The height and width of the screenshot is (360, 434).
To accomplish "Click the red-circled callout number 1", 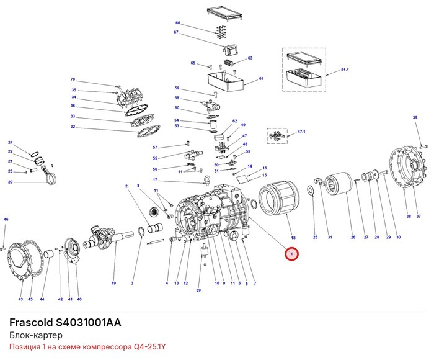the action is [x=291, y=254].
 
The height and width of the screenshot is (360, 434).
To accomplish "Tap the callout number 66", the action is [x=178, y=23].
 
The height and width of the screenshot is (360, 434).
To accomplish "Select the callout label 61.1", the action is [x=345, y=70].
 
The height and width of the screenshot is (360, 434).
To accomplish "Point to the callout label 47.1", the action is [x=301, y=132].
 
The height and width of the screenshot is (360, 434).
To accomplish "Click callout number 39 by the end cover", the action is [x=415, y=117].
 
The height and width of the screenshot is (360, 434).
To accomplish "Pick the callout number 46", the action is [x=6, y=220].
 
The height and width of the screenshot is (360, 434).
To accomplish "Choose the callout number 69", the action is [x=198, y=290].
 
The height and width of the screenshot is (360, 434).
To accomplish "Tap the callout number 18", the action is [x=293, y=238].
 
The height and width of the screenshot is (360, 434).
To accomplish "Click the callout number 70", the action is [x=73, y=79].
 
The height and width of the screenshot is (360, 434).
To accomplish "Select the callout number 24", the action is [x=11, y=142].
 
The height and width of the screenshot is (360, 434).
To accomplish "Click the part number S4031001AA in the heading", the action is [x=88, y=323].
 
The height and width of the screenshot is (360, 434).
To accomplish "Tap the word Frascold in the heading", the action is [x=31, y=323].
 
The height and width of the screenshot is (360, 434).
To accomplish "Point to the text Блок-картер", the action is [x=36, y=335].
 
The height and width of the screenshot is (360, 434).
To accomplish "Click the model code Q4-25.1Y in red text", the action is [x=150, y=347].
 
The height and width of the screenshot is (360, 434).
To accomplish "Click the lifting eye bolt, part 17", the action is [x=206, y=179].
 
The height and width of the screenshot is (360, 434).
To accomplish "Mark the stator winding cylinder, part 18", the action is [x=279, y=198].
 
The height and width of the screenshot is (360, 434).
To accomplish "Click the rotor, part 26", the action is [x=338, y=183].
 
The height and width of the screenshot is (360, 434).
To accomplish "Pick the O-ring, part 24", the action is [x=35, y=153].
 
